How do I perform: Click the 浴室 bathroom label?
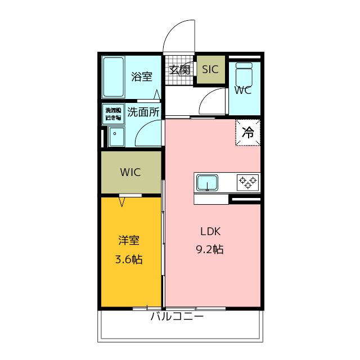(142, 76)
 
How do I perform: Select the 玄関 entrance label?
(179, 70)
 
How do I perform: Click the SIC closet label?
(210, 70)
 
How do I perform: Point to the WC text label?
(242, 90)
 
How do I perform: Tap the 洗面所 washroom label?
(143, 111)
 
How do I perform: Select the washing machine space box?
(113, 114)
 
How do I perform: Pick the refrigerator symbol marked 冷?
(248, 133)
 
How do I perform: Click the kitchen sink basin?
(207, 183)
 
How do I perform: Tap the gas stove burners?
(247, 181)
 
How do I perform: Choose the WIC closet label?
(130, 172)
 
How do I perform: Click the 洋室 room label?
(129, 240)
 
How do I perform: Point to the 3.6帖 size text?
(129, 259)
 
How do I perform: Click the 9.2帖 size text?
(210, 249)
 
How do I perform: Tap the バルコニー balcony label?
(177, 317)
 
